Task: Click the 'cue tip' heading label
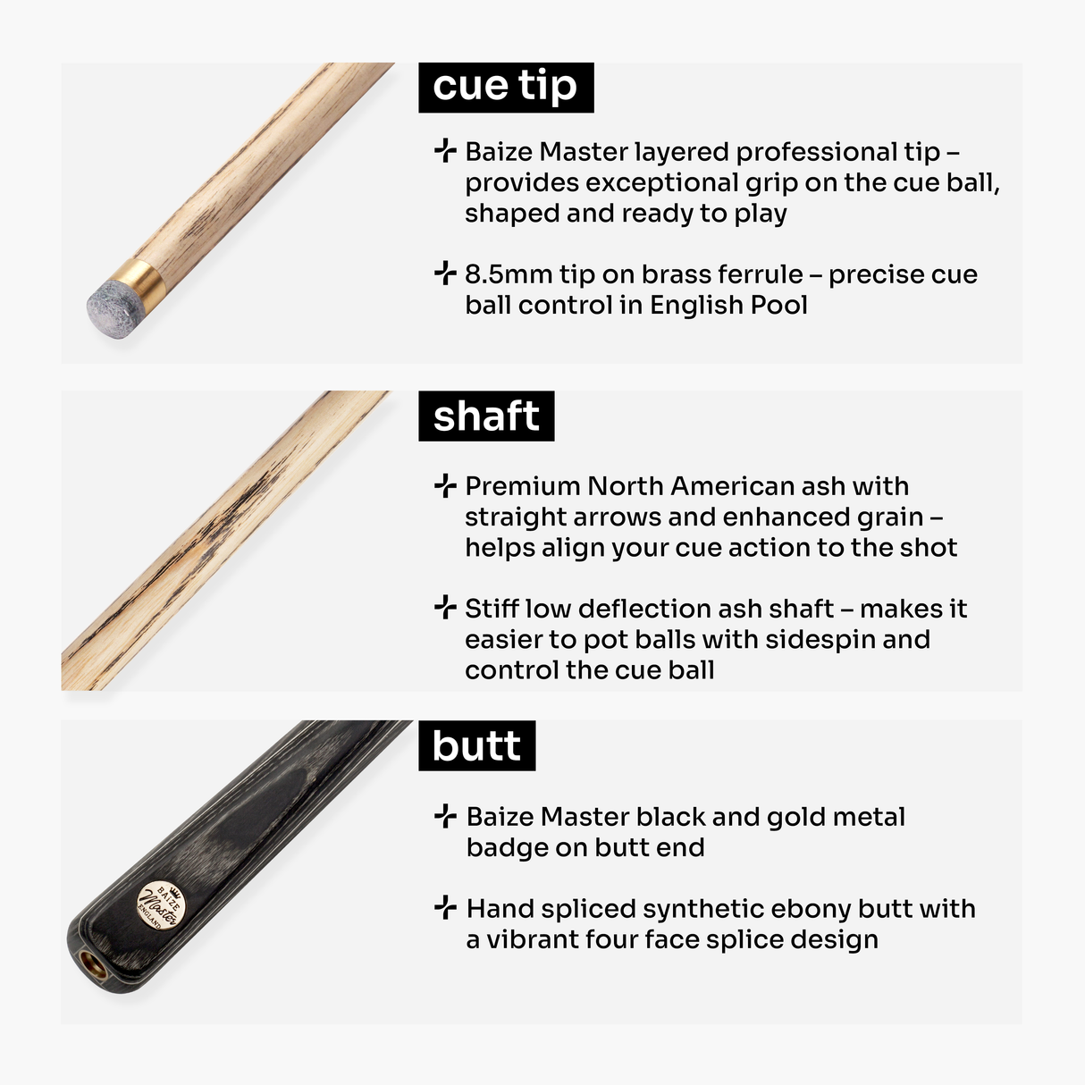coord(505,87)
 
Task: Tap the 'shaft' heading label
coord(486,416)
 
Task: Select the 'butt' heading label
coord(476,745)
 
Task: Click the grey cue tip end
coord(109,307)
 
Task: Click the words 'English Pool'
coord(728,305)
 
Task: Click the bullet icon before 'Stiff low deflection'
coord(444,609)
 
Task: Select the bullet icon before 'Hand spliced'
coord(445,908)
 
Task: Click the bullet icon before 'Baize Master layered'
coord(444,151)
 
